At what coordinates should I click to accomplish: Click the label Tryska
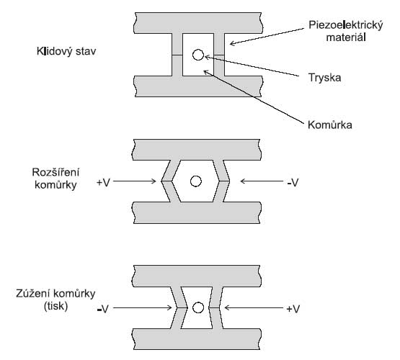coord(324,78)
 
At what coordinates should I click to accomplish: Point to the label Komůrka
coord(330,125)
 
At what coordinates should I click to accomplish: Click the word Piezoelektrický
coord(346,25)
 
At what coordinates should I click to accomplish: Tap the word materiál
coord(346,37)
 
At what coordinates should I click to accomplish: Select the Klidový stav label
coord(66,51)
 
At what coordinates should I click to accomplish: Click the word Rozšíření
coord(55,173)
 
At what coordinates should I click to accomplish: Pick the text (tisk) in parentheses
coord(56,306)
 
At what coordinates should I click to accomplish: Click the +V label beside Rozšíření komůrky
coord(103,183)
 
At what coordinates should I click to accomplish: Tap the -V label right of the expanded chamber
coord(293,183)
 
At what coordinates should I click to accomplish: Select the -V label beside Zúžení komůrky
coord(103,309)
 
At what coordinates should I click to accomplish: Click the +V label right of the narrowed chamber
coord(293,309)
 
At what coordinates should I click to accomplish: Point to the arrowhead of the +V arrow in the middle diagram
coord(155,181)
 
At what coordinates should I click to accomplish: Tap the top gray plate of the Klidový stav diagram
coord(198,23)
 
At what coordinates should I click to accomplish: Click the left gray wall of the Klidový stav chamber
coord(177,55)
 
